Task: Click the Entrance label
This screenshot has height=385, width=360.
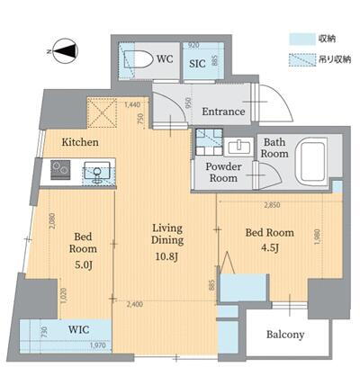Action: [223, 112]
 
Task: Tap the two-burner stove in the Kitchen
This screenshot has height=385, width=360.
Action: [60, 168]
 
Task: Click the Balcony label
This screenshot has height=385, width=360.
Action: [285, 335]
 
